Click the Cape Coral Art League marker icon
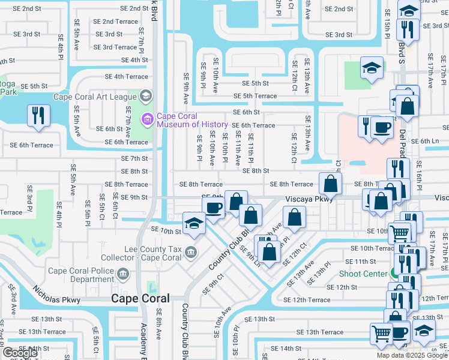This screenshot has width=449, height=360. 145,96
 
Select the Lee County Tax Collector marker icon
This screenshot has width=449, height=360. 191,251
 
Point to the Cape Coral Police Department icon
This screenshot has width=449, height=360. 123,275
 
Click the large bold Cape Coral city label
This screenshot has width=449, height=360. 140,298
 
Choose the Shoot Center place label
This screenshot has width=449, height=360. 360,274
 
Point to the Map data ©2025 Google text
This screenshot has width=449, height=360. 412,355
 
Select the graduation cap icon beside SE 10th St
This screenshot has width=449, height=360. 194,224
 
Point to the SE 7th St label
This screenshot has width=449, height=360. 134,158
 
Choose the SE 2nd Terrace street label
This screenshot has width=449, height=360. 115,22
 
